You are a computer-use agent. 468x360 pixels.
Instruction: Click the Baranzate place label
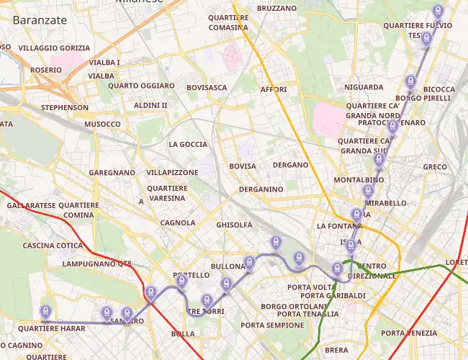[x=40, y=20]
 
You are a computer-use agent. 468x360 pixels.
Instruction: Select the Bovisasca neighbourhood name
[x=206, y=88]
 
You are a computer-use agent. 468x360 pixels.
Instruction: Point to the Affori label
[x=274, y=90]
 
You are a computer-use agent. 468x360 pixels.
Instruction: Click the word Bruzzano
[x=276, y=8]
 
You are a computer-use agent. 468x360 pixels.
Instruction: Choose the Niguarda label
[x=364, y=87]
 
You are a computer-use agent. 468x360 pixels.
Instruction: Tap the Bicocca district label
[x=439, y=89]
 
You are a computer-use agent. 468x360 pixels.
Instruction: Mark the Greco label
[x=435, y=167]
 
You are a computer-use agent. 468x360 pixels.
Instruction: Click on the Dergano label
[x=291, y=165]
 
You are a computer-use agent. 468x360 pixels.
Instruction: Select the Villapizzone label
[x=172, y=174]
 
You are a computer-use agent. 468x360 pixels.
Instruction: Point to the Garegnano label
[x=112, y=174]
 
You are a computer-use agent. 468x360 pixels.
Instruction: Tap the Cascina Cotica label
[x=53, y=246]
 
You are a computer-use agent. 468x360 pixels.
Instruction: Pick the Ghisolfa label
[x=234, y=225]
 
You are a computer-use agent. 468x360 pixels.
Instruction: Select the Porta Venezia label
[x=409, y=333]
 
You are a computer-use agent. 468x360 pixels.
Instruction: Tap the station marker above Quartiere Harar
[x=45, y=311]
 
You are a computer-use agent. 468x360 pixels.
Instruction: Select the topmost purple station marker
[x=437, y=11]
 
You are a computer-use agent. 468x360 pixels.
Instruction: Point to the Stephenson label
[x=65, y=108]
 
